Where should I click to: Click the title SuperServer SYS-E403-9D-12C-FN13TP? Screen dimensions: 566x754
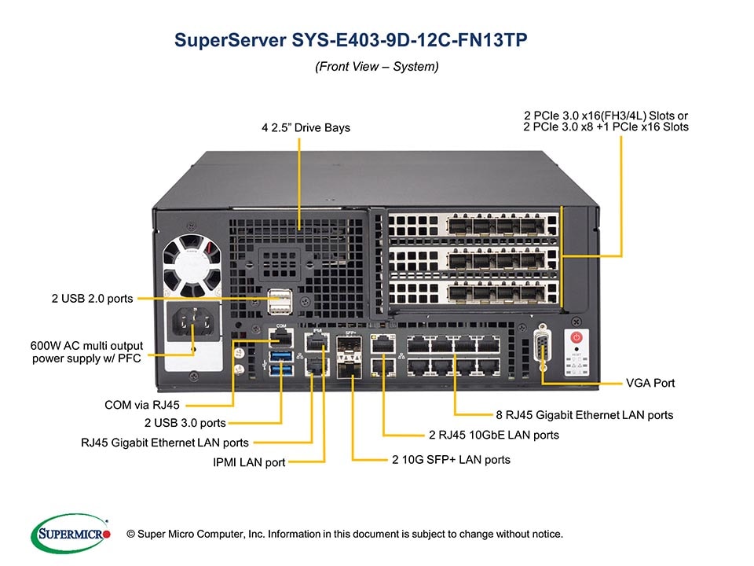[356, 40]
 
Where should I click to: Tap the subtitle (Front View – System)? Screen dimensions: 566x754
[376, 68]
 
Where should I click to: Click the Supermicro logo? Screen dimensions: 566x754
[70, 535]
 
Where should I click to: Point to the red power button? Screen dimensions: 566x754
[576, 338]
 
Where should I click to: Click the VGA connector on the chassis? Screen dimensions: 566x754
[541, 348]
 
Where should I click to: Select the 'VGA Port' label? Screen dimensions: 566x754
[650, 384]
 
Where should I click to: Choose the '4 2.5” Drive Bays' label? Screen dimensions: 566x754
[306, 127]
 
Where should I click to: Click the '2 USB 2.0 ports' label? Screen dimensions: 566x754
[92, 299]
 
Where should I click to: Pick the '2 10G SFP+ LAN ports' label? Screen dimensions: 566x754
[451, 460]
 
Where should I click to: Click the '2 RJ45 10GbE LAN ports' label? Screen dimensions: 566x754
[494, 435]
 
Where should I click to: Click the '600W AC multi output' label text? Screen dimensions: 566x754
[82, 347]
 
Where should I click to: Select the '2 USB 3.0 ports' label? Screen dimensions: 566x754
[185, 424]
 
